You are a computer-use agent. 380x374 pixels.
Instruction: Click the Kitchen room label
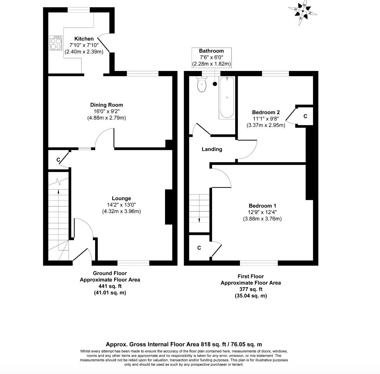pyautogui.click(x=84, y=39)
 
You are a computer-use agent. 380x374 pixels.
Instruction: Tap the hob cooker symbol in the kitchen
pyautogui.click(x=56, y=43)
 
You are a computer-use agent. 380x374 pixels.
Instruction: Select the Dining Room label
pyautogui.click(x=107, y=105)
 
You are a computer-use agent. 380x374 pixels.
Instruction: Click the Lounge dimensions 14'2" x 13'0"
pyautogui.click(x=121, y=205)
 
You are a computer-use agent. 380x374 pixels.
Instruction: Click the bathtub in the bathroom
pyautogui.click(x=227, y=98)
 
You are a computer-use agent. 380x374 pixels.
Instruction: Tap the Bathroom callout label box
pyautogui.click(x=211, y=57)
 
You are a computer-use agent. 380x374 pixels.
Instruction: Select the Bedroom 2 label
pyautogui.click(x=266, y=112)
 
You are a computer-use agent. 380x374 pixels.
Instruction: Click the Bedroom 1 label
pyautogui.click(x=262, y=206)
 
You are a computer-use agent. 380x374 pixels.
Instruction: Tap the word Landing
pyautogui.click(x=212, y=149)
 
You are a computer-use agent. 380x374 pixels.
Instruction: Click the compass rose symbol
pyautogui.click(x=303, y=11)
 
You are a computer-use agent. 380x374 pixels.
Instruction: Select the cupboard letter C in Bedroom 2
pyautogui.click(x=305, y=117)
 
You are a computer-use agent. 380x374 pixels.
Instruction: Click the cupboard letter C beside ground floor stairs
pyautogui.click(x=58, y=160)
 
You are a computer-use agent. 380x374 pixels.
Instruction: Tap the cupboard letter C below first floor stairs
pyautogui.click(x=199, y=248)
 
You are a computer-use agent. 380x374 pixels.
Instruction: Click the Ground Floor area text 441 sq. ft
pyautogui.click(x=110, y=286)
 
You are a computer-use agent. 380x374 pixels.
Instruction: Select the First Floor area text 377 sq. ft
pyautogui.click(x=250, y=289)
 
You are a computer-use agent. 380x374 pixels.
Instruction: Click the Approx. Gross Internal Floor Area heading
pyautogui.click(x=184, y=344)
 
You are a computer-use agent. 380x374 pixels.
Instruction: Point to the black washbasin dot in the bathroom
pyautogui.click(x=215, y=84)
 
